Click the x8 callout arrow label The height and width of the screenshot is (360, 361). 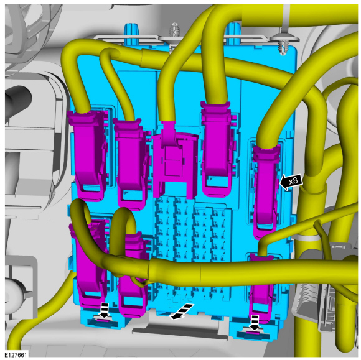[x=291, y=182]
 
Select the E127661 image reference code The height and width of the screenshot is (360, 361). [x=16, y=354]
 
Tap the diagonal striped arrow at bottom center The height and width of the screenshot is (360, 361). [x=182, y=312]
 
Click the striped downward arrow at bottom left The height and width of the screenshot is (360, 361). [x=105, y=310]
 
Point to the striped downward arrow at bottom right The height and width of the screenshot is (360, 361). [x=254, y=323]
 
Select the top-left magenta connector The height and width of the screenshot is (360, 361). [x=88, y=154]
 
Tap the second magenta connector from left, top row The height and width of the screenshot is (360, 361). [x=131, y=164]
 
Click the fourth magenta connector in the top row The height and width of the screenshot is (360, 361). [x=217, y=149]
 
